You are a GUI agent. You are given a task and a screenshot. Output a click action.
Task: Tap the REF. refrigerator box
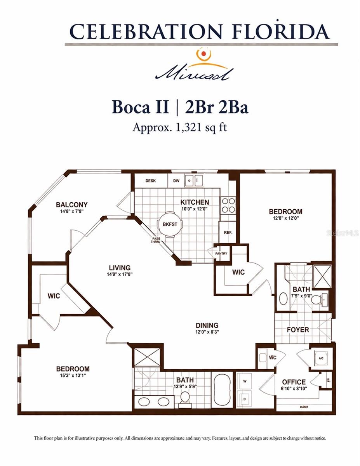pyautogui.click(x=228, y=232)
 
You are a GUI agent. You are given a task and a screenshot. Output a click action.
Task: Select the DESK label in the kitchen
pyautogui.click(x=151, y=181)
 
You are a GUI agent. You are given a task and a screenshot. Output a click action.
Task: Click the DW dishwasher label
pyautogui.click(x=176, y=181)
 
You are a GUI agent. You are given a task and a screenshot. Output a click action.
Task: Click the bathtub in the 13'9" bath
pyautogui.click(x=223, y=390)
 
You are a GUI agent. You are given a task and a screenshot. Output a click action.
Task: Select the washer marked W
pyautogui.click(x=245, y=381)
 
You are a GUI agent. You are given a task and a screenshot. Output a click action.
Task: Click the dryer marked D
pyautogui.click(x=245, y=398)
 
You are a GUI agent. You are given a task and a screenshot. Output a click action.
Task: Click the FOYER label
pyautogui.click(x=298, y=330)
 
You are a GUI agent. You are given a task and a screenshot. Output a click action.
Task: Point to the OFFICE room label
pyautogui.click(x=294, y=382)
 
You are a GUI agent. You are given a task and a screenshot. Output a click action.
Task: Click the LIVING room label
pyautogui.click(x=119, y=268)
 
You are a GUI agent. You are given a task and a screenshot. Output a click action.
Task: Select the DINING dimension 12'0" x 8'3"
pyautogui.click(x=207, y=332)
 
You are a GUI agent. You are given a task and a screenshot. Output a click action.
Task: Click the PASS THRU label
pyautogui.click(x=156, y=240)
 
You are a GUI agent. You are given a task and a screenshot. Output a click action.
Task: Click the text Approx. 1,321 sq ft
pyautogui.click(x=179, y=127)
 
